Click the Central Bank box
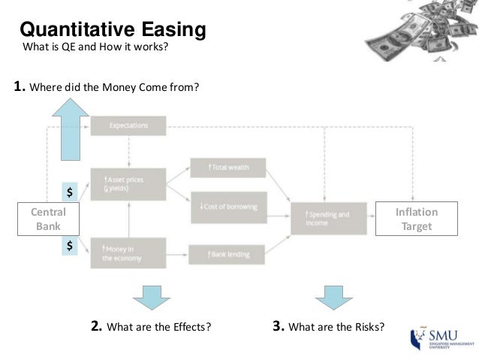(x=48, y=219)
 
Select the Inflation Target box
(x=416, y=219)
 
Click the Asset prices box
(x=128, y=184)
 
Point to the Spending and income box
(x=329, y=219)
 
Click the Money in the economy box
(x=128, y=253)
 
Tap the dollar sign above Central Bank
(x=70, y=192)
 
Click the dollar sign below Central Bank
(x=70, y=245)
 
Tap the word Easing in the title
(x=169, y=30)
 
